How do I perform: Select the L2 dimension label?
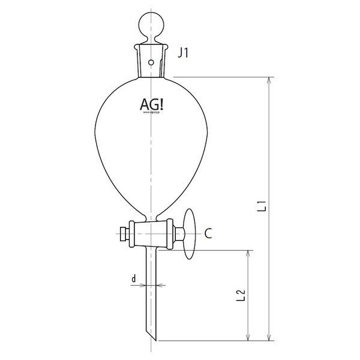[241, 295]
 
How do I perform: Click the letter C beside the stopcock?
[207, 233]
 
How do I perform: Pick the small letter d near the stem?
[134, 278]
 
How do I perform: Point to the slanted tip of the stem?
[152, 332]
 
